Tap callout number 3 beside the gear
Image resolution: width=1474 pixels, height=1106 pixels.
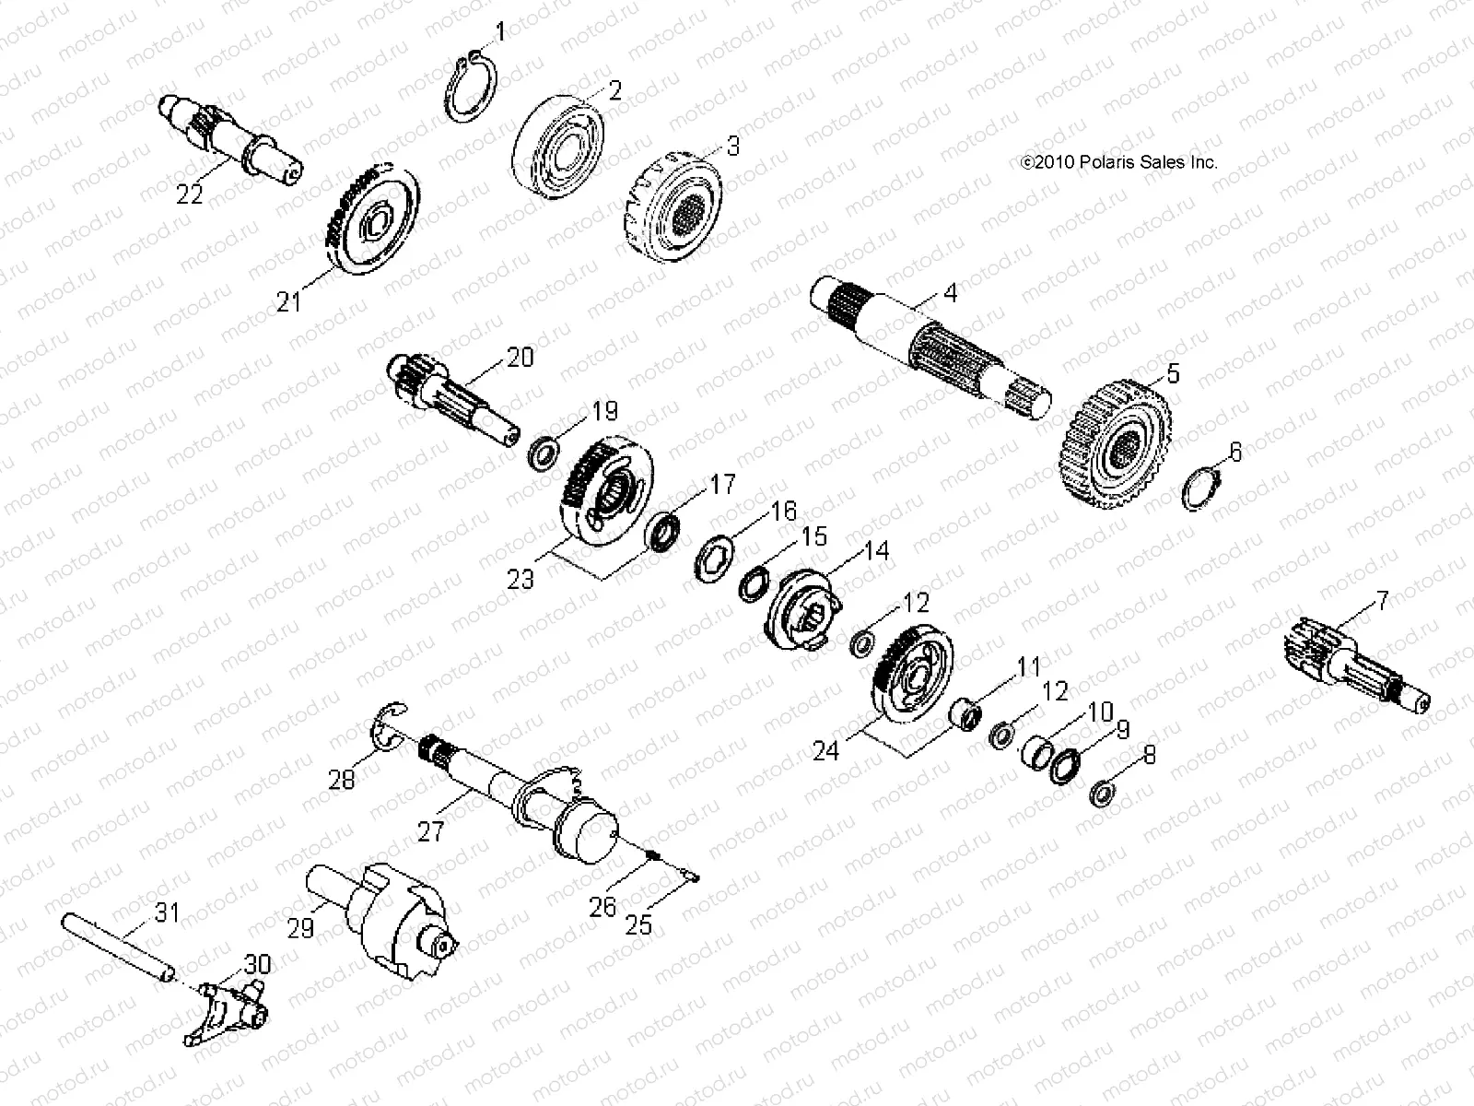point(733,146)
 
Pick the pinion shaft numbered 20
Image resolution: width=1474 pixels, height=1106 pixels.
point(451,398)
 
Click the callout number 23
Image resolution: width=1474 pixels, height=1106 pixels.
point(521,580)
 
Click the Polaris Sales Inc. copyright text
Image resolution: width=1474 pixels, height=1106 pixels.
point(1118,162)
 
